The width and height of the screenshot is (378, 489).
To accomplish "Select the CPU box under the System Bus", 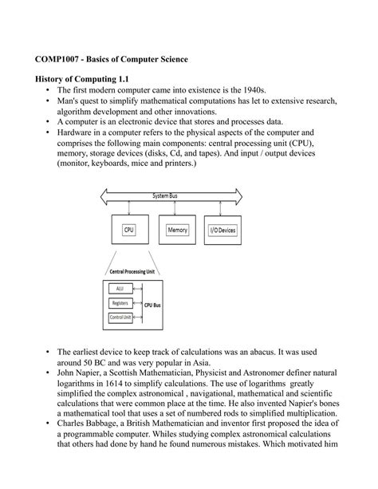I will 128,229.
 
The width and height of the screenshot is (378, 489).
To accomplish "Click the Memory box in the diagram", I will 176,229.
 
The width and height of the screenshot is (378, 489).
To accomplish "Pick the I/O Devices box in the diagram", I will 222,229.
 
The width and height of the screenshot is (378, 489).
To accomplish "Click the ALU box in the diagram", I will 121,289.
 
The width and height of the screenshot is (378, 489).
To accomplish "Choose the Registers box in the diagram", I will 121,304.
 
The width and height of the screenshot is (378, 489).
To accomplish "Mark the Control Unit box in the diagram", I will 121,318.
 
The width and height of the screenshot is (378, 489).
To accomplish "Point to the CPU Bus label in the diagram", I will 154,304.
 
